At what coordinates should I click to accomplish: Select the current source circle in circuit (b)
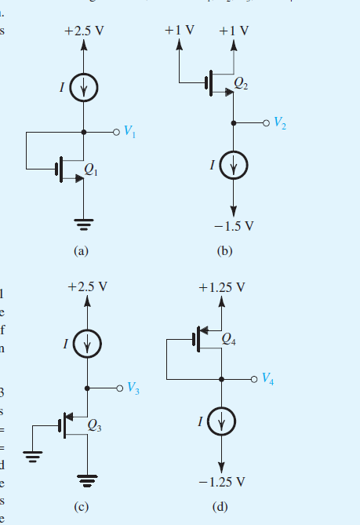[x=233, y=165]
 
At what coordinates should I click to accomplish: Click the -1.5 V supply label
[x=235, y=227]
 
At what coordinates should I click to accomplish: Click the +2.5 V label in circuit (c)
[x=87, y=287]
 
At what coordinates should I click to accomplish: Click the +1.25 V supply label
[x=222, y=287]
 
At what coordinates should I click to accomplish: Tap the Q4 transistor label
[x=229, y=340]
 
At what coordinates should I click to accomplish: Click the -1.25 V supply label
[x=224, y=480]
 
